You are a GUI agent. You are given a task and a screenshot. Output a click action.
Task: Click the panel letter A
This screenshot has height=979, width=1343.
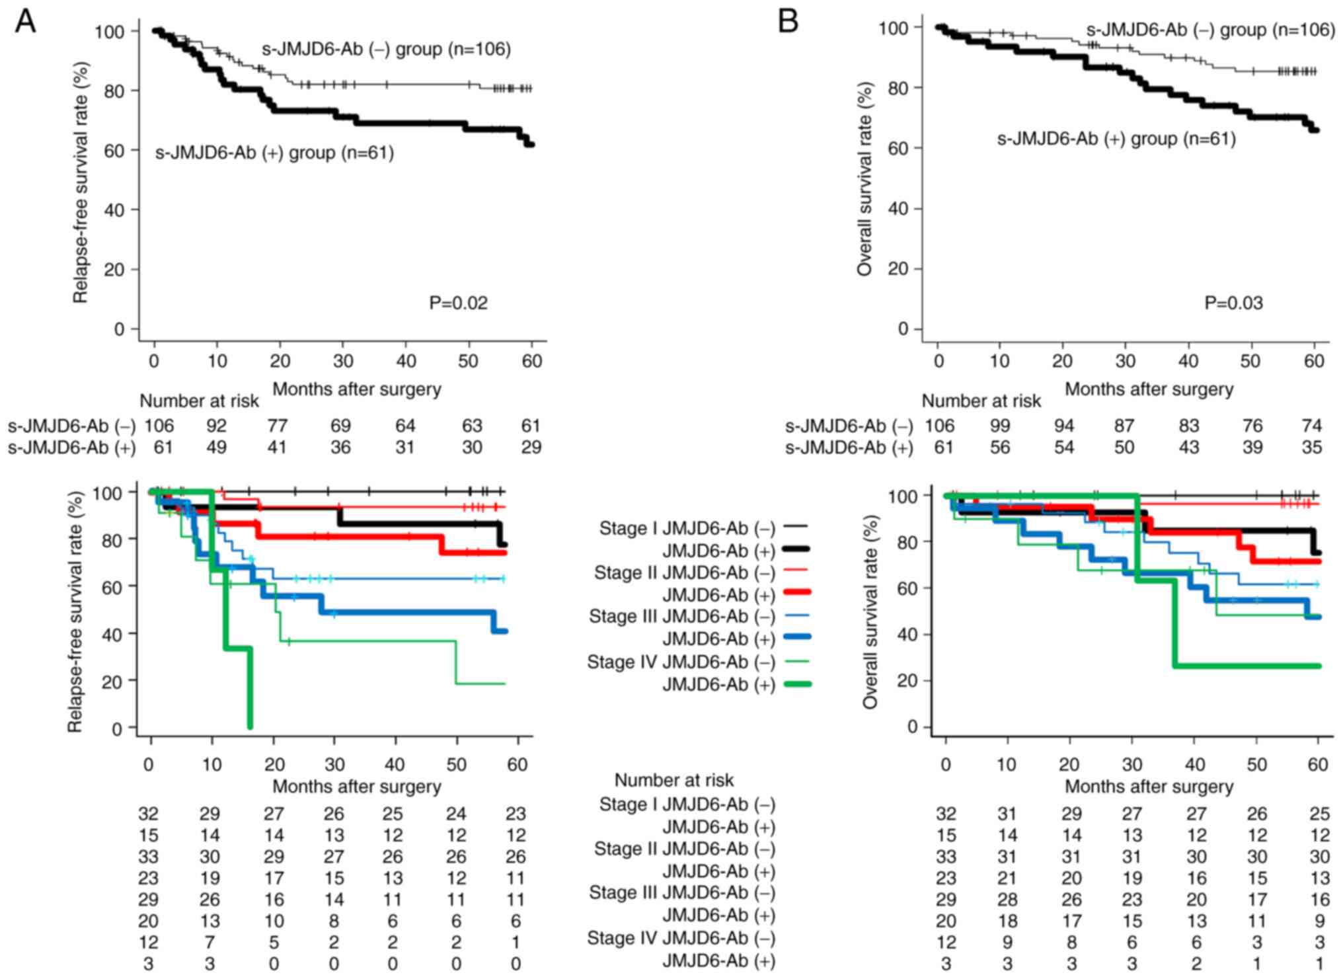[x=25, y=22]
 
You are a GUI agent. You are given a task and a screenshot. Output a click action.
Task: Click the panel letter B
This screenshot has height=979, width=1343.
[x=788, y=22]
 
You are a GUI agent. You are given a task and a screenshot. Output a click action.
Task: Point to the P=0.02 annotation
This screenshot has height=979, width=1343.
[x=458, y=303]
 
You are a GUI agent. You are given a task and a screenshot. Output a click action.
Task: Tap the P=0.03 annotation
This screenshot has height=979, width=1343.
[x=1233, y=303]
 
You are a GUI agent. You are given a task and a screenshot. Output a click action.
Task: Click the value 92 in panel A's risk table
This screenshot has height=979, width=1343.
[x=216, y=426]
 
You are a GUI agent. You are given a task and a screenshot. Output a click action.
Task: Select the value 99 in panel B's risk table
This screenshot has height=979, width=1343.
[x=999, y=426]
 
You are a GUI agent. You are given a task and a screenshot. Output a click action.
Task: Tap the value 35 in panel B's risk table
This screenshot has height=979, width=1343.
[x=1311, y=448]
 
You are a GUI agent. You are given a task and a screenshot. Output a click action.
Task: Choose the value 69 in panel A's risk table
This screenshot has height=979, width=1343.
[x=340, y=426]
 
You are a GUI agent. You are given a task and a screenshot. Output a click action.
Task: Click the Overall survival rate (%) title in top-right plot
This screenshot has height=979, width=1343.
[x=865, y=178]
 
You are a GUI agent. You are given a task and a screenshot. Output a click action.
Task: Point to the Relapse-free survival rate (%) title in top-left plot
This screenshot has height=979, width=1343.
[x=81, y=182]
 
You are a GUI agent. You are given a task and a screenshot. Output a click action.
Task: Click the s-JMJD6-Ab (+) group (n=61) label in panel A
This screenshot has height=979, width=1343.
[x=274, y=153]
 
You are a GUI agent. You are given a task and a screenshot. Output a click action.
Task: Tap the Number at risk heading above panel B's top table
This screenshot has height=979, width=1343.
[x=981, y=401]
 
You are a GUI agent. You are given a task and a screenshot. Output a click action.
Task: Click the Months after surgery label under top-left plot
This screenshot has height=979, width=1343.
[x=356, y=389]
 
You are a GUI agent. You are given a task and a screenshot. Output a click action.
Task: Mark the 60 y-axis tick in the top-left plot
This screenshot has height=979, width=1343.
[x=114, y=151]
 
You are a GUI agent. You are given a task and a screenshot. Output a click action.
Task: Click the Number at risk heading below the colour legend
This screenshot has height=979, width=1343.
[x=673, y=780]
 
